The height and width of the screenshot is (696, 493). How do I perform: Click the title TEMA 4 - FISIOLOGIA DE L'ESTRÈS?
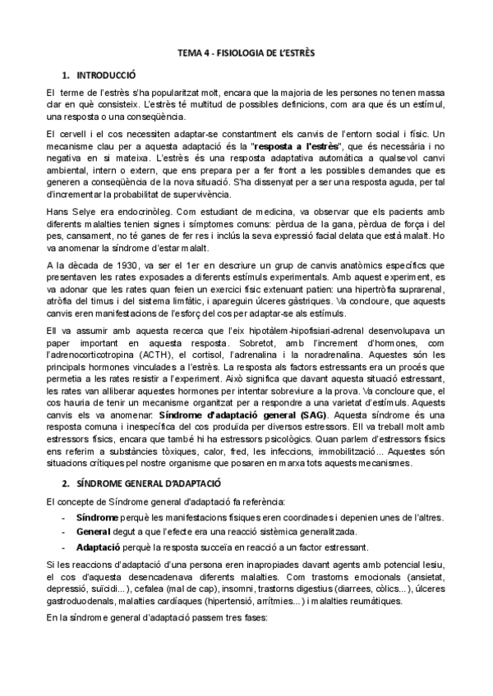pyautogui.click(x=246, y=53)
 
